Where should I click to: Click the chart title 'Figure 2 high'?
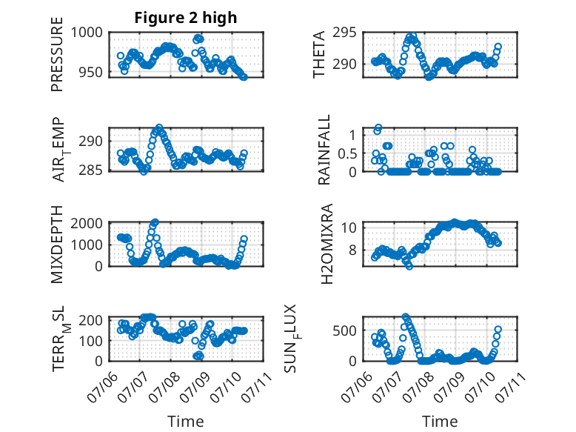pyautogui.click(x=186, y=18)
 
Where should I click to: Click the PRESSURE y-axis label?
pyautogui.click(x=57, y=54)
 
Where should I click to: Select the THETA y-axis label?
pyautogui.click(x=319, y=54)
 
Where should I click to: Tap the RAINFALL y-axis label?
pyautogui.click(x=324, y=149)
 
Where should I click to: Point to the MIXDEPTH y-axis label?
pyautogui.click(x=57, y=245)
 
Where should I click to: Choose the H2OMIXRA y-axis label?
pyautogui.click(x=326, y=244)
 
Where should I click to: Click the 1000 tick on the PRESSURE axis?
pyautogui.click(x=87, y=33)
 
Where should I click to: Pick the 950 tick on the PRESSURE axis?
pyautogui.click(x=91, y=72)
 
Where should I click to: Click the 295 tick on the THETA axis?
pyautogui.click(x=344, y=33)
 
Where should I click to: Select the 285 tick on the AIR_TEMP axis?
pyautogui.click(x=91, y=170)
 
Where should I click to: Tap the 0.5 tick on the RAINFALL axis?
pyautogui.click(x=347, y=153)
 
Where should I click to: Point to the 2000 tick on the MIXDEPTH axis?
pyautogui.click(x=87, y=223)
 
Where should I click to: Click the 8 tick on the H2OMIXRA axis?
pyautogui.click(x=353, y=250)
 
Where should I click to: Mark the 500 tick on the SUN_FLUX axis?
pyautogui.click(x=344, y=330)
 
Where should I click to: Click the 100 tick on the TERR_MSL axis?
pyautogui.click(x=91, y=341)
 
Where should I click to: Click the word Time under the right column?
pyautogui.click(x=440, y=421)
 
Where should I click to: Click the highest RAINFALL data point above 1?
pyautogui.click(x=378, y=127)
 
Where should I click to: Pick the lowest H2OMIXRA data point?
pyautogui.click(x=409, y=266)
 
